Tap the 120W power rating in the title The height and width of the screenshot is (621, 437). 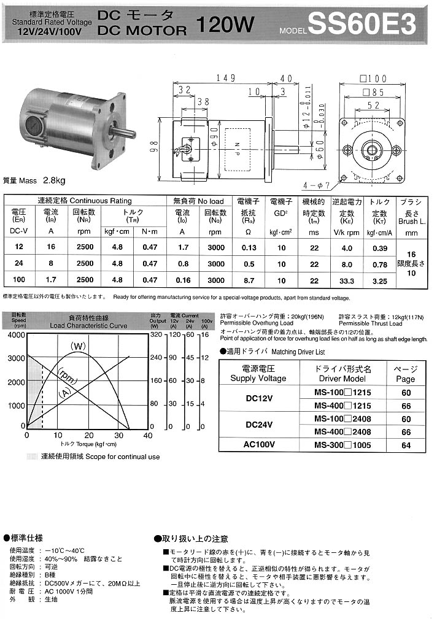[x=225, y=25]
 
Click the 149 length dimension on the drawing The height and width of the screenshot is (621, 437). [x=226, y=78]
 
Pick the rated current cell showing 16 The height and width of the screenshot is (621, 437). [x=50, y=247]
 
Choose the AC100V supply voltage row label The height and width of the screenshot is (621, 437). [x=258, y=445]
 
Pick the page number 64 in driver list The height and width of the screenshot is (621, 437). [x=406, y=445]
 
